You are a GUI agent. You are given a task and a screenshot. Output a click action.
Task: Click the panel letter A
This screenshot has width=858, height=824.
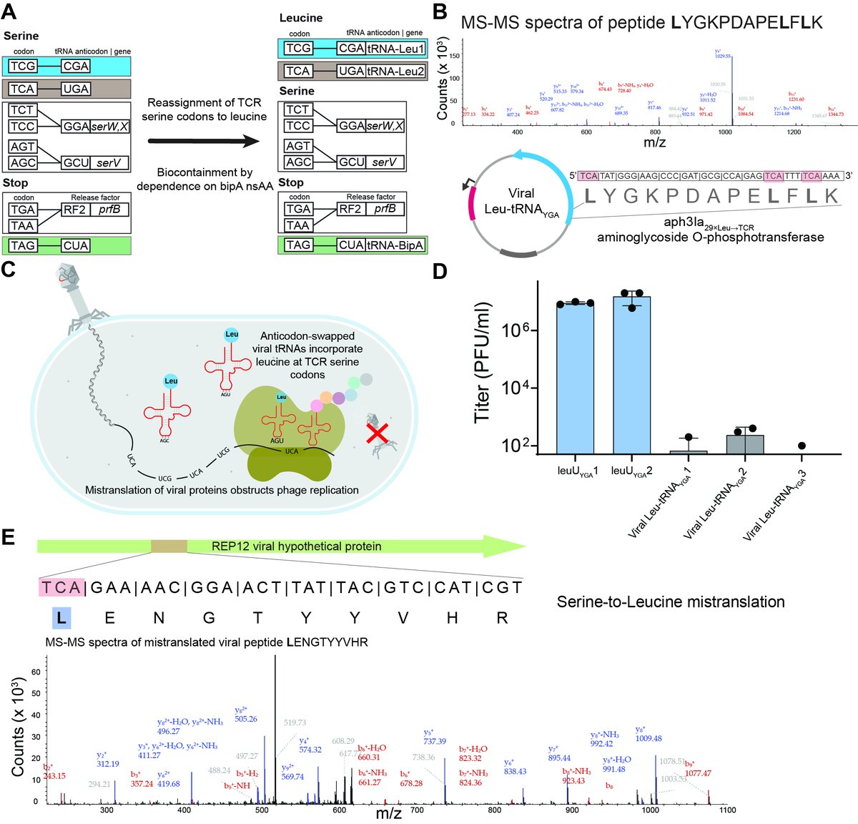pos(12,12)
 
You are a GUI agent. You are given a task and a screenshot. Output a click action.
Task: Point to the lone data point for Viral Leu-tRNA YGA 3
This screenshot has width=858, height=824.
pos(802,446)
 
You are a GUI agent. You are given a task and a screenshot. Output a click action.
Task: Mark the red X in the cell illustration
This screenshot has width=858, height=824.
pos(377,434)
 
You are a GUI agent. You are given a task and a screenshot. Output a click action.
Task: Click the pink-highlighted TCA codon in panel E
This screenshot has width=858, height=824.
pos(61,587)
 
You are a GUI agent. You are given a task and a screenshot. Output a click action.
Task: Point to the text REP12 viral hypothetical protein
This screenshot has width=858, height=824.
pos(296,546)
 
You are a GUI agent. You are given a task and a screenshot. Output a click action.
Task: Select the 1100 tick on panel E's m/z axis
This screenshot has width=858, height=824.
pos(727,810)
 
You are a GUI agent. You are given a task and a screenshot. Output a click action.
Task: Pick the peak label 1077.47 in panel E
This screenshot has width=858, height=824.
pos(698,773)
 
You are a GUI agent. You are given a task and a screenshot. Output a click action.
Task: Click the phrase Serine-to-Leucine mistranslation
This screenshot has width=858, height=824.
pos(671,602)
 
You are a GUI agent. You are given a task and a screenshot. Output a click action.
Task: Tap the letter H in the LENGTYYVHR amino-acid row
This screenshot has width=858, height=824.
pos(452,617)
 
